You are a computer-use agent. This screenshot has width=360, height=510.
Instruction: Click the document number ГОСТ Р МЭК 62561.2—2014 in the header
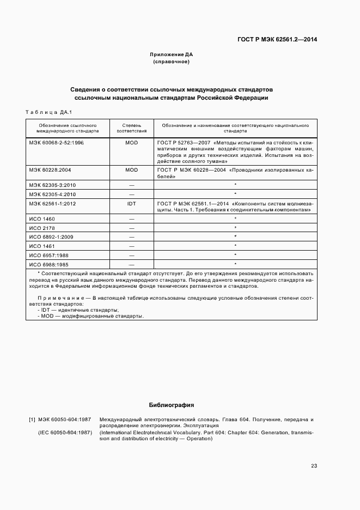tap(277, 40)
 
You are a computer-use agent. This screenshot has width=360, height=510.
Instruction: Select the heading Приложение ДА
tap(172, 55)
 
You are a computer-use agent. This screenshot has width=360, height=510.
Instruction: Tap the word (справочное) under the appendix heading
tap(172, 62)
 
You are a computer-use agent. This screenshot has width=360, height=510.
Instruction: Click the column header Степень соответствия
tap(131, 128)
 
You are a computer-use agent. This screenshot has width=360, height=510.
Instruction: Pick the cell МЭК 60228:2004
tap(51, 170)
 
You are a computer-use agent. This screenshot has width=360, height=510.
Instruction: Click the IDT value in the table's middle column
tap(131, 203)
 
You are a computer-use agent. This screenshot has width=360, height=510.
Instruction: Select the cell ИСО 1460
tap(42, 218)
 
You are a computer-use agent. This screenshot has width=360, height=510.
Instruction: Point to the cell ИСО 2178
tap(42, 228)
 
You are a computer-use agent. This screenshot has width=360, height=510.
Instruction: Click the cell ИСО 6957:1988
tap(49, 255)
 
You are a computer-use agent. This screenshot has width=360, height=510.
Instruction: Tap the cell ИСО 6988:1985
tap(49, 264)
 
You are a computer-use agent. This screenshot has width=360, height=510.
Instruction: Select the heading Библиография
tap(172, 405)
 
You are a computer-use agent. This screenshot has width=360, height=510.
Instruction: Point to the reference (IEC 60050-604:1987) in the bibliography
tap(64, 432)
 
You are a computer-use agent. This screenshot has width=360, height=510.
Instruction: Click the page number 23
tap(314, 466)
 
